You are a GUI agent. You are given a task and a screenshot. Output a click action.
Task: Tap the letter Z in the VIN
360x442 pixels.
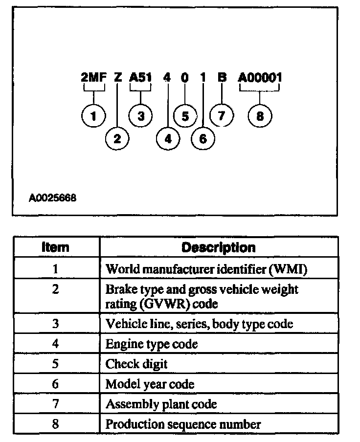[118, 77]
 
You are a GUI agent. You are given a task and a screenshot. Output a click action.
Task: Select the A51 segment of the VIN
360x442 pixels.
[140, 77]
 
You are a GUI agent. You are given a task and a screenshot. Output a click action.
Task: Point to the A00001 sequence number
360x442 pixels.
[260, 77]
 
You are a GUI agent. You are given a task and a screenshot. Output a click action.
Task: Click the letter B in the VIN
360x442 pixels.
[222, 77]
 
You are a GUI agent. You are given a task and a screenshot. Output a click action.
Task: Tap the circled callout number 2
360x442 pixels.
[117, 139]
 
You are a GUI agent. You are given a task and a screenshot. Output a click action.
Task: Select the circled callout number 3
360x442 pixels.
[140, 116]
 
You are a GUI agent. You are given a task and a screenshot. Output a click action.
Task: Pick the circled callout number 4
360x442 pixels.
[168, 139]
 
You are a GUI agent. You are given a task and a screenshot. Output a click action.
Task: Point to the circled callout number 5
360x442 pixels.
[185, 116]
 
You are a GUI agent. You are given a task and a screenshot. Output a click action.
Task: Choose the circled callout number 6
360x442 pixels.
[203, 139]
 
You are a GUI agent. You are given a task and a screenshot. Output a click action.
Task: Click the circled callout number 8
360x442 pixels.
[260, 116]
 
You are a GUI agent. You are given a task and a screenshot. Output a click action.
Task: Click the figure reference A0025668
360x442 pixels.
[52, 199]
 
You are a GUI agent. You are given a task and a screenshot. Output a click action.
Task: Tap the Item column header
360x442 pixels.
[56, 247]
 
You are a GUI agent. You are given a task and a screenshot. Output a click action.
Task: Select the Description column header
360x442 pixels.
[218, 247]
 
